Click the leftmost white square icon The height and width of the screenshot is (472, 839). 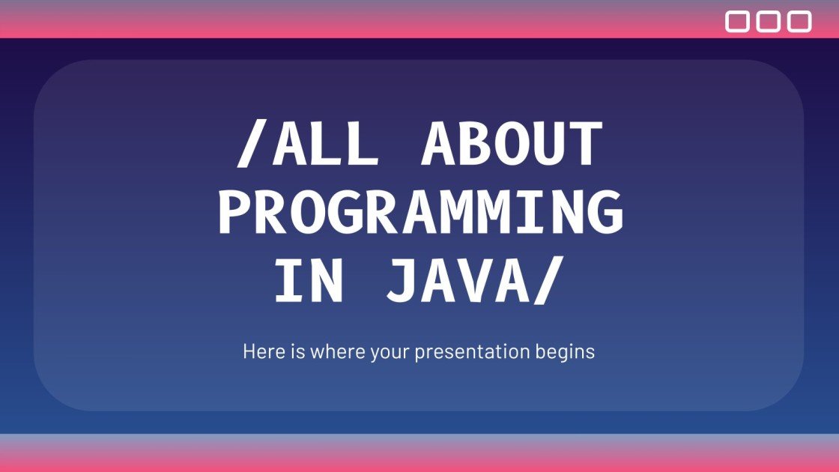pyautogui.click(x=738, y=22)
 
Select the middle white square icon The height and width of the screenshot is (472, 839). pyautogui.click(x=769, y=22)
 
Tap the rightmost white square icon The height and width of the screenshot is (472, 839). pyautogui.click(x=799, y=22)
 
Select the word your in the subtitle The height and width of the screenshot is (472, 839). pyautogui.click(x=389, y=351)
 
